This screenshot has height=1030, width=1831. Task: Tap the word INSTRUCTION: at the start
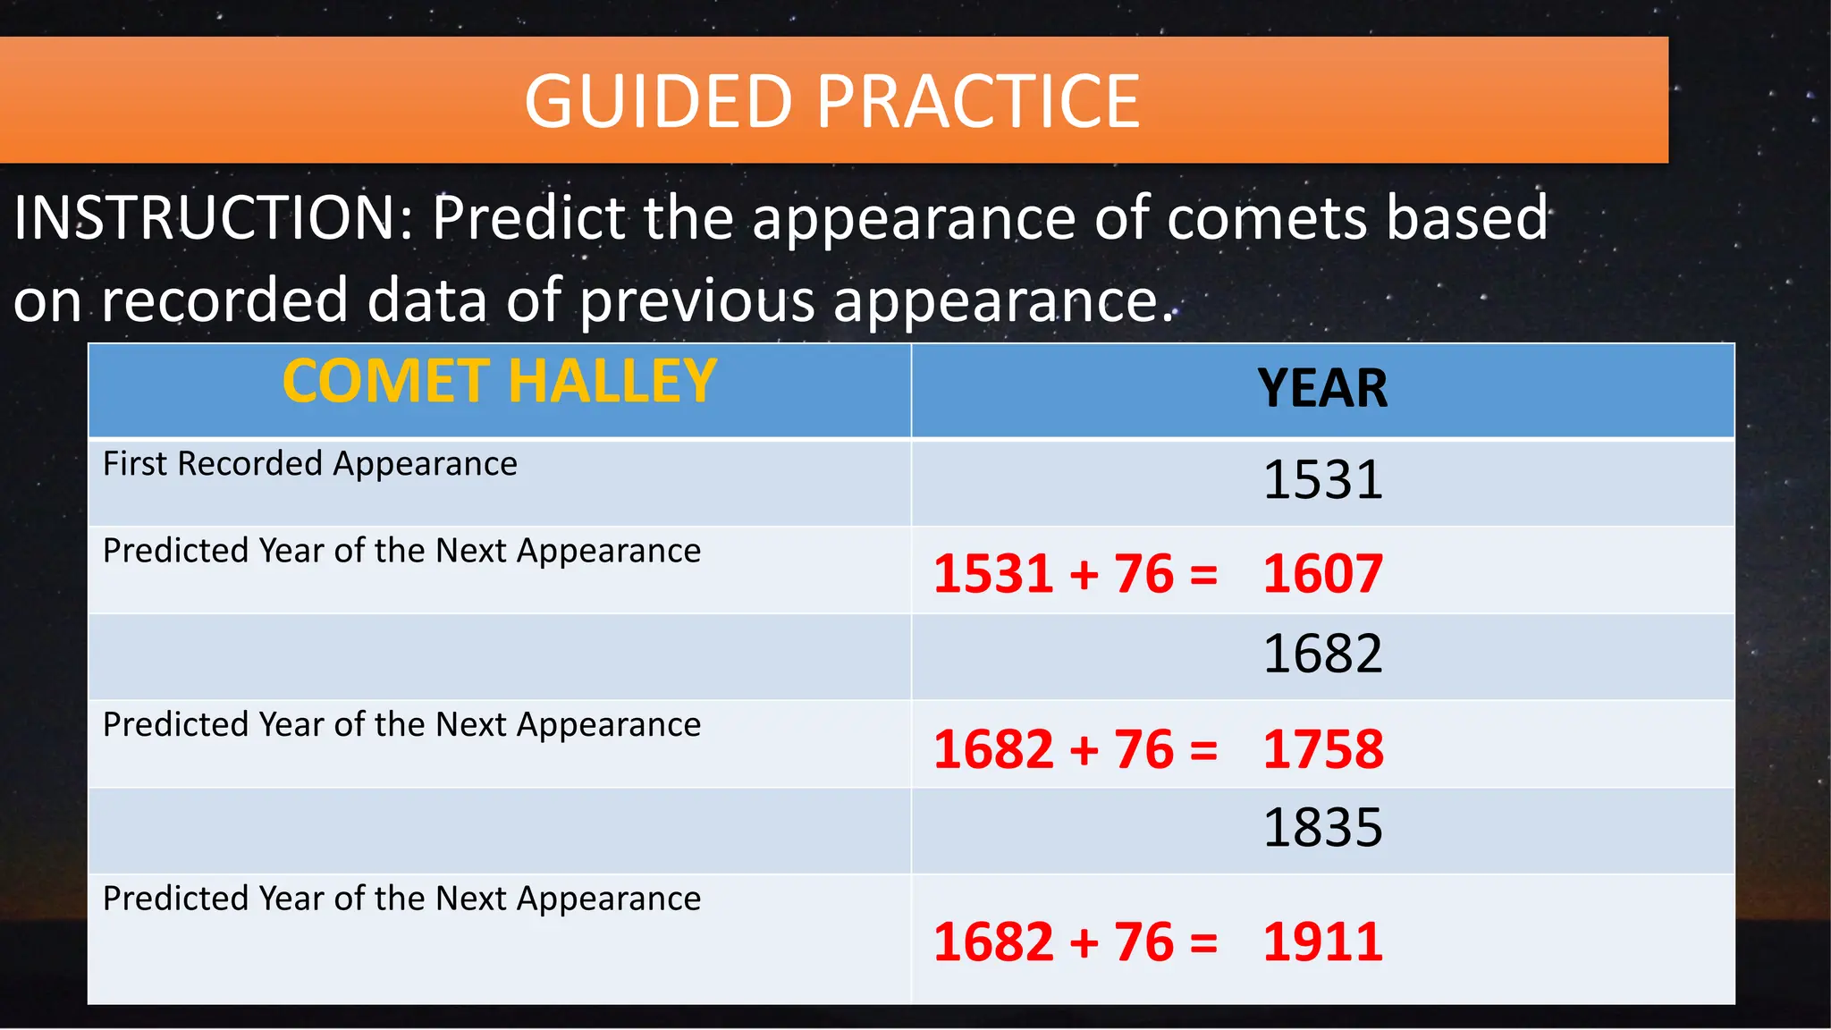point(214,218)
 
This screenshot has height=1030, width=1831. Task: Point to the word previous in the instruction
point(697,300)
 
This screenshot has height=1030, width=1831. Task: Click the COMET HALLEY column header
point(499,382)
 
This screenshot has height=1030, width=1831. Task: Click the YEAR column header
point(1322,389)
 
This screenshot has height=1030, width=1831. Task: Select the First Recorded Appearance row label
point(309,464)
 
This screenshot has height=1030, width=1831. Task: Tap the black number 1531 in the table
point(1322,480)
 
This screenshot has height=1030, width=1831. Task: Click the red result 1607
point(1322,574)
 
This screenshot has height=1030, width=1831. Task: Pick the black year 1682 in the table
point(1322,654)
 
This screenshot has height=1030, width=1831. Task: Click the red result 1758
point(1322,749)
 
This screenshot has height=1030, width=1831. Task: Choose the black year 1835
point(1322,828)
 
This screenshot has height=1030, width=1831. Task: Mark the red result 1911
point(1322,942)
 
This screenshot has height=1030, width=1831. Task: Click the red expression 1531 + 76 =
point(1076,574)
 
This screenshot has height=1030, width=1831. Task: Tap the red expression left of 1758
point(1076,749)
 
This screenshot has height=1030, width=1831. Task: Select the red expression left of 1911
point(1076,942)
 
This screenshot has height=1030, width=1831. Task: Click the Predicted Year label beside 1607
point(401,551)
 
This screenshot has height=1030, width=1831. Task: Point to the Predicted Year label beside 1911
point(401,899)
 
